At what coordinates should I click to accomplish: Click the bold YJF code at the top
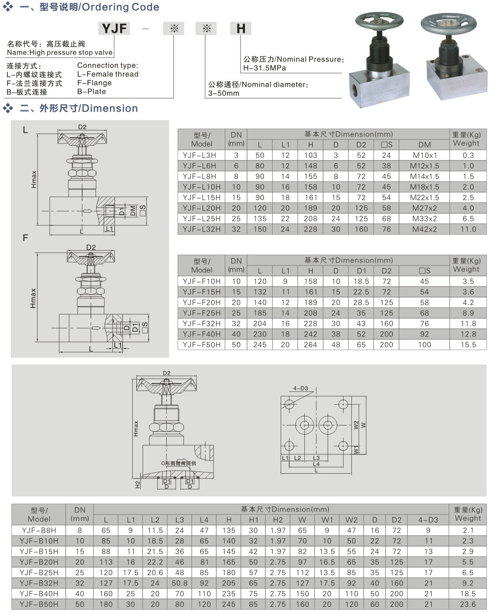114,29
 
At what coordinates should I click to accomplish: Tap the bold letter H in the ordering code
241,29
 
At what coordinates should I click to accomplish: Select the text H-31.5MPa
265,68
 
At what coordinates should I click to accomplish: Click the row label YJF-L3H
199,155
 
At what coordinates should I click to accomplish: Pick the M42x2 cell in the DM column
424,229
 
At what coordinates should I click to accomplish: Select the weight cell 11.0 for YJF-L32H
468,229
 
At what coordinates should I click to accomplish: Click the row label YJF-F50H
202,345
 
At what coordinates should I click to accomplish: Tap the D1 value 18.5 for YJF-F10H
361,281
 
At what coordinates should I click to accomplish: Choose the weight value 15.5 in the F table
468,345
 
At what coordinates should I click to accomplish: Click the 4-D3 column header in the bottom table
428,520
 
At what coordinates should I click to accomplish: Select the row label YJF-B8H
39,530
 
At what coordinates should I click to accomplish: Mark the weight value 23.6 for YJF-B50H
467,604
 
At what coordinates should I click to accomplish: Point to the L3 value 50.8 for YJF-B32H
179,583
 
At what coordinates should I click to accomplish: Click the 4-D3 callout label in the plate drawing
300,388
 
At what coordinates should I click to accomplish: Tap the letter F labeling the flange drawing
25,238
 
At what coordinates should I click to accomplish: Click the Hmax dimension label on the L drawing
34,179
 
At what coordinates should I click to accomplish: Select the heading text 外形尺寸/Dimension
88,109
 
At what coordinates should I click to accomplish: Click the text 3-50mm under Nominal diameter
223,93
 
